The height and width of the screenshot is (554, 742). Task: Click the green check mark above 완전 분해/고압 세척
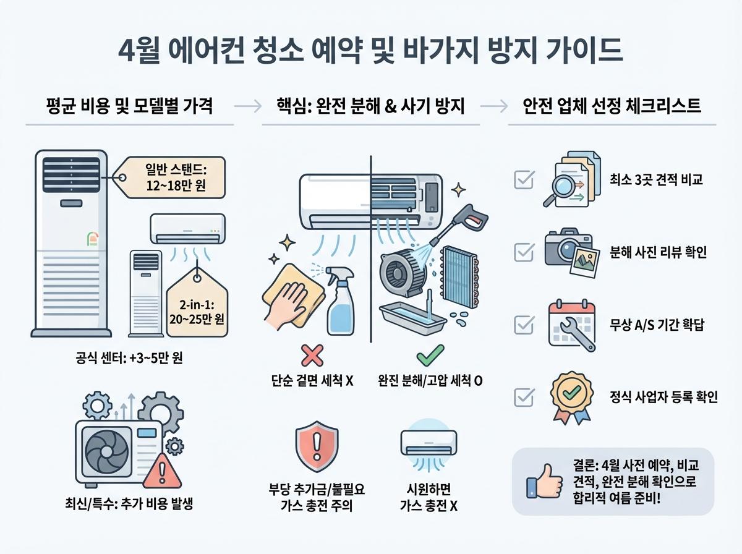click(429, 357)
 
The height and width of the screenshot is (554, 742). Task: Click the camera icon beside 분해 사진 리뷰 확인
click(568, 250)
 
